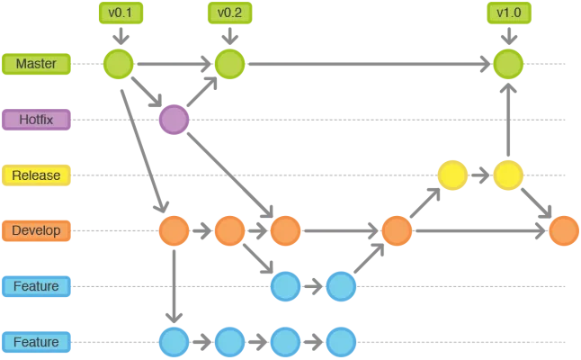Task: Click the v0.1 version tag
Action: (x=119, y=13)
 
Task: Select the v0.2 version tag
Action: (x=229, y=13)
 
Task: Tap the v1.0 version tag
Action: (x=508, y=13)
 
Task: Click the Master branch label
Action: (x=36, y=64)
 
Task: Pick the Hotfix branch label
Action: (x=36, y=119)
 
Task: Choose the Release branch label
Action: (x=36, y=175)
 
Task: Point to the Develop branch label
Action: (x=36, y=230)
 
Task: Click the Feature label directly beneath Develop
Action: (x=36, y=286)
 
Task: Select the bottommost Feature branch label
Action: (x=36, y=342)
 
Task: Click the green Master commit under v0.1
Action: (x=119, y=64)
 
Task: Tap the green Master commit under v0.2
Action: (x=229, y=64)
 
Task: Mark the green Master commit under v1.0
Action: (x=508, y=64)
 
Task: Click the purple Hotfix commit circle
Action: (x=174, y=119)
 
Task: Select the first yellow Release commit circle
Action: (x=452, y=175)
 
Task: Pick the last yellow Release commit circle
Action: (x=508, y=175)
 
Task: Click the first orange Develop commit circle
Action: (x=174, y=230)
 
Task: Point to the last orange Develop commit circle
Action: (x=564, y=230)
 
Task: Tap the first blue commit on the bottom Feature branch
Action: (x=174, y=342)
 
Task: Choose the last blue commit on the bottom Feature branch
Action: (x=341, y=342)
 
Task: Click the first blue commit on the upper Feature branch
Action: (x=285, y=286)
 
